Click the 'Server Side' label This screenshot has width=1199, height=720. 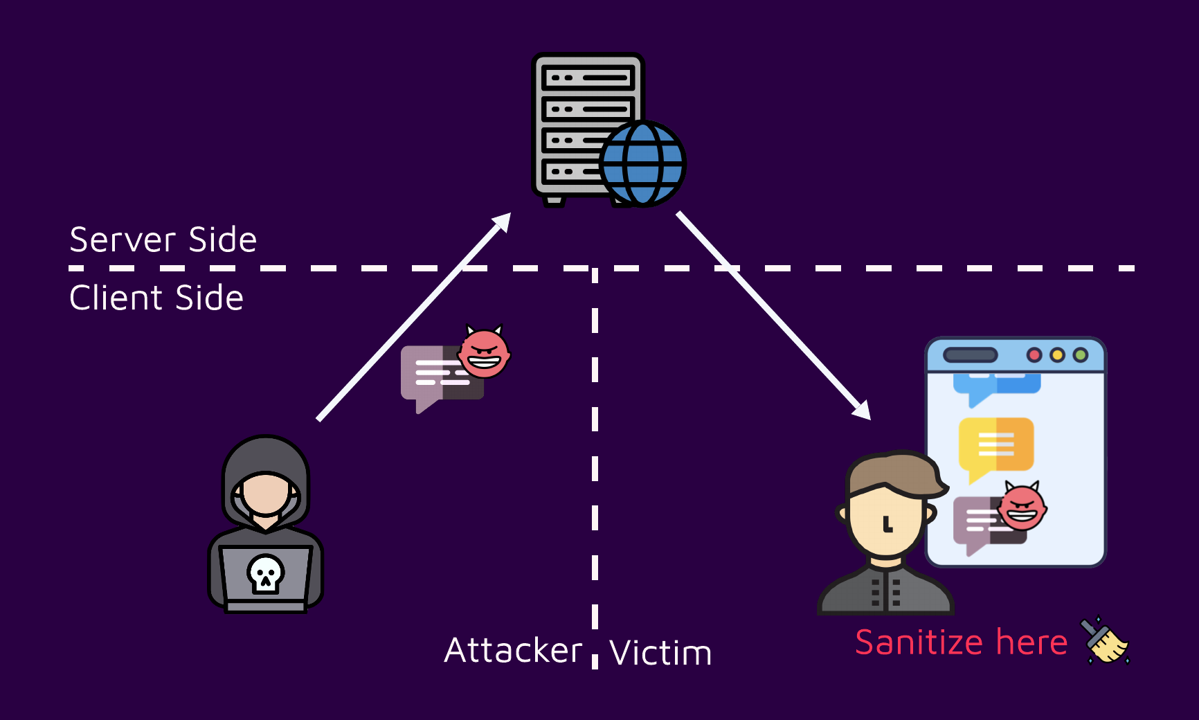pyautogui.click(x=163, y=240)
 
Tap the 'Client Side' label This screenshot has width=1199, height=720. pyautogui.click(x=156, y=298)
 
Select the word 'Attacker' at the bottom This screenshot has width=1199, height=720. pyautogui.click(x=513, y=651)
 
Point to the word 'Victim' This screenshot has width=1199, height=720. pyautogui.click(x=660, y=653)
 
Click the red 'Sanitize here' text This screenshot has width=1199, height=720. pyautogui.click(x=961, y=642)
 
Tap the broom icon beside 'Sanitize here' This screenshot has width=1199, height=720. pyautogui.click(x=1105, y=640)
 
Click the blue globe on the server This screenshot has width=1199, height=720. pyautogui.click(x=642, y=164)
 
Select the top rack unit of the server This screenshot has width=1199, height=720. pyautogui.click(x=588, y=78)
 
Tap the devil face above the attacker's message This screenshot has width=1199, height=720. pyautogui.click(x=484, y=354)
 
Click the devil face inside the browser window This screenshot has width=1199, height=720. pyautogui.click(x=1022, y=507)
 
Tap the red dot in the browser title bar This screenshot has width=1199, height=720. pyautogui.click(x=1034, y=355)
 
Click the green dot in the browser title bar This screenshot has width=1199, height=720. pyautogui.click(x=1080, y=355)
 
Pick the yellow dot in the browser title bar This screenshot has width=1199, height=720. pyautogui.click(x=1057, y=355)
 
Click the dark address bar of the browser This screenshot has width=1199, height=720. pyautogui.click(x=971, y=355)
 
